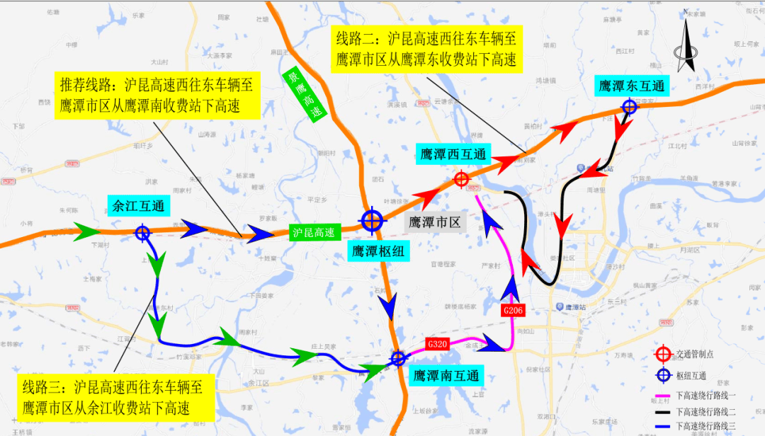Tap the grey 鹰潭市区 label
pyautogui.click(x=436, y=222)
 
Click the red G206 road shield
pyautogui.click(x=512, y=311)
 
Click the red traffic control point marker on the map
pyautogui.click(x=461, y=180)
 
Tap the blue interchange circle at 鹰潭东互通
pyautogui.click(x=629, y=107)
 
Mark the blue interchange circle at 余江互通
pyautogui.click(x=142, y=231)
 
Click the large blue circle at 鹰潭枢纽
pyautogui.click(x=372, y=221)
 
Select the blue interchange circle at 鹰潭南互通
pyautogui.click(x=398, y=358)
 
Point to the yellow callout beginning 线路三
pyautogui.click(x=113, y=397)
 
